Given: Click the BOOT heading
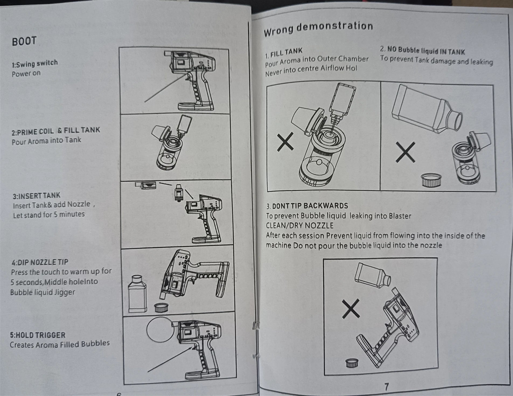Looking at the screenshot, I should click(x=24, y=41).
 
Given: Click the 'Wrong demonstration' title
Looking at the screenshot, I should click(x=318, y=28).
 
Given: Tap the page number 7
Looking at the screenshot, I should click(x=386, y=387).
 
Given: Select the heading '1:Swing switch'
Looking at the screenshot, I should click(x=35, y=64).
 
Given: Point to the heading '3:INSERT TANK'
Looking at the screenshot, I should click(x=37, y=196).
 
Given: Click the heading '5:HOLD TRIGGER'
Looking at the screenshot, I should click(x=38, y=335).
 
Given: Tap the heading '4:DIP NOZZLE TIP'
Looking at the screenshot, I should click(x=40, y=262).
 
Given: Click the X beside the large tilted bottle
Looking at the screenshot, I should click(x=405, y=152).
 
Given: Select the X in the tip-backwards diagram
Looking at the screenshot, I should click(x=351, y=309).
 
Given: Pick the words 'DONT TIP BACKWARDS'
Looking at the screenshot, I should click(x=310, y=206).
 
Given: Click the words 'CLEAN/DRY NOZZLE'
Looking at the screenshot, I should click(x=299, y=226).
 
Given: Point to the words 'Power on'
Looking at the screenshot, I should click(x=26, y=73).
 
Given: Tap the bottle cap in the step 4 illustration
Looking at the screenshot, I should click(x=161, y=307).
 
